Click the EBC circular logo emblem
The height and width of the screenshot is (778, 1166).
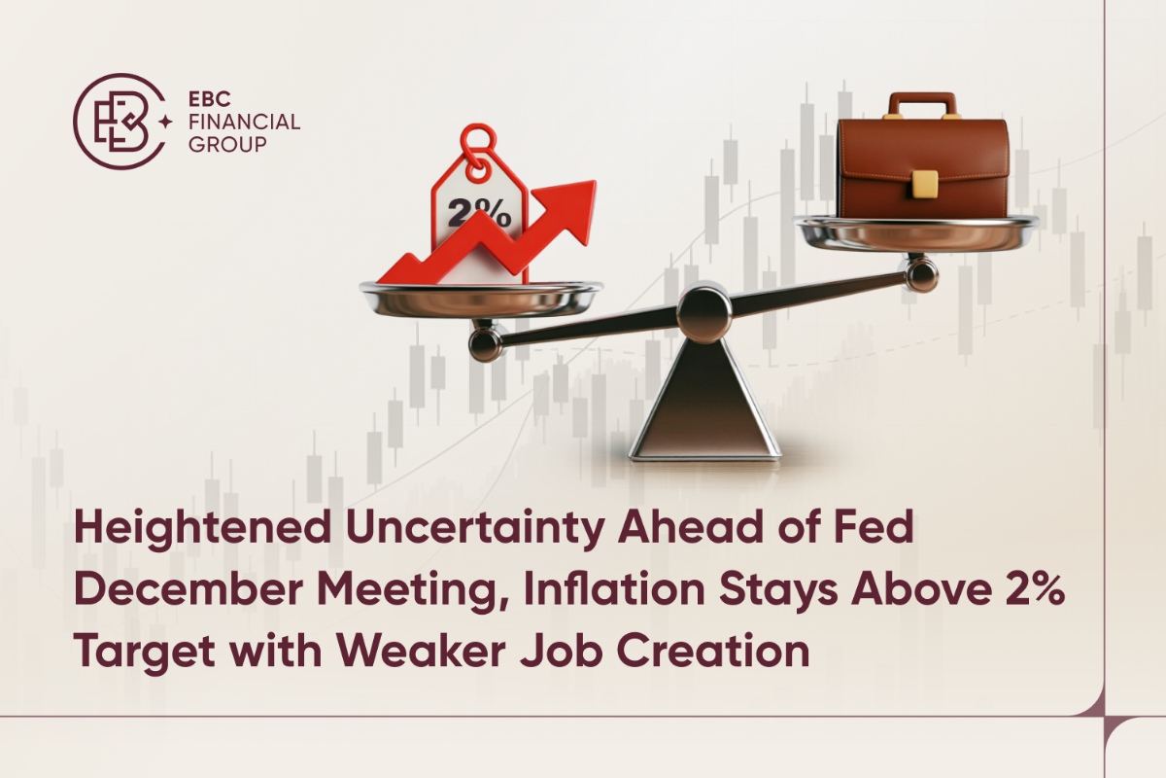[117, 122]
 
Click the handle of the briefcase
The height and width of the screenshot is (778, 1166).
[922, 102]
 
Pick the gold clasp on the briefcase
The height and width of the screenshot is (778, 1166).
[924, 183]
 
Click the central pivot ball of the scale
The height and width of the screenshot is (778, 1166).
[703, 310]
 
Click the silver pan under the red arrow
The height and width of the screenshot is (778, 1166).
[481, 297]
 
